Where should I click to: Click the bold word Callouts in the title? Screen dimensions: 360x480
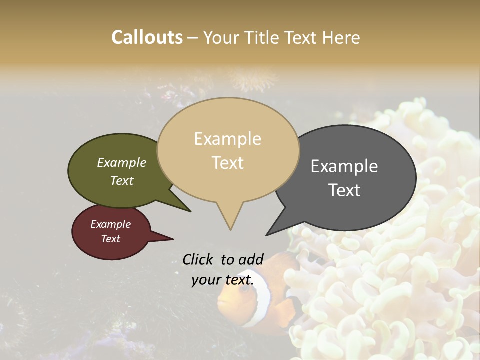(147, 37)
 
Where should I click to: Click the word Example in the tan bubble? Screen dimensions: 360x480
(227, 139)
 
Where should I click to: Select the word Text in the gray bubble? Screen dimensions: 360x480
(344, 190)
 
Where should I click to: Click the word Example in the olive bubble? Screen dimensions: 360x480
(122, 162)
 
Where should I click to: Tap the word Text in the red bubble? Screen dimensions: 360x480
(111, 239)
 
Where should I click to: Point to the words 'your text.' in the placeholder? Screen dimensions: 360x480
(223, 280)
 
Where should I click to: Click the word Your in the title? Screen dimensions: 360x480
(221, 37)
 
